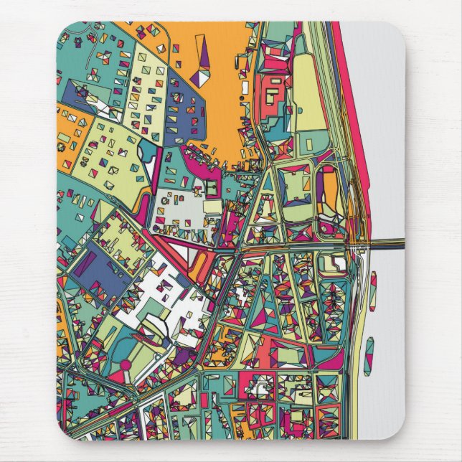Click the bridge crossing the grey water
coord(380,244)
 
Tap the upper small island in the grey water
coord(373,290)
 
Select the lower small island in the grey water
coord(368,357)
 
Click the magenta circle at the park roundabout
coord(126,365)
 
